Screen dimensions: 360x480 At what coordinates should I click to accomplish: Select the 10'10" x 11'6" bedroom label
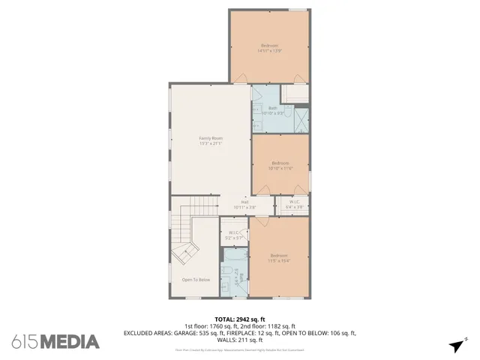(280, 166)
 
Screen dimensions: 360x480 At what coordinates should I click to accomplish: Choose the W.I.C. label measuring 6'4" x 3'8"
(295, 204)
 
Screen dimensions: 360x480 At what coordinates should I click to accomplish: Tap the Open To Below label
(196, 280)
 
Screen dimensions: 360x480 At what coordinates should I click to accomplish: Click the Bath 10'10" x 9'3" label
(273, 111)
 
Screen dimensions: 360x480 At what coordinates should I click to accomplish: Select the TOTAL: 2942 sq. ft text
(239, 318)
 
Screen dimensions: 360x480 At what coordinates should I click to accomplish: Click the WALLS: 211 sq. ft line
(239, 340)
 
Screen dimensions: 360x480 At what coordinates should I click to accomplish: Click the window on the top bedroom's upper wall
(298, 10)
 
